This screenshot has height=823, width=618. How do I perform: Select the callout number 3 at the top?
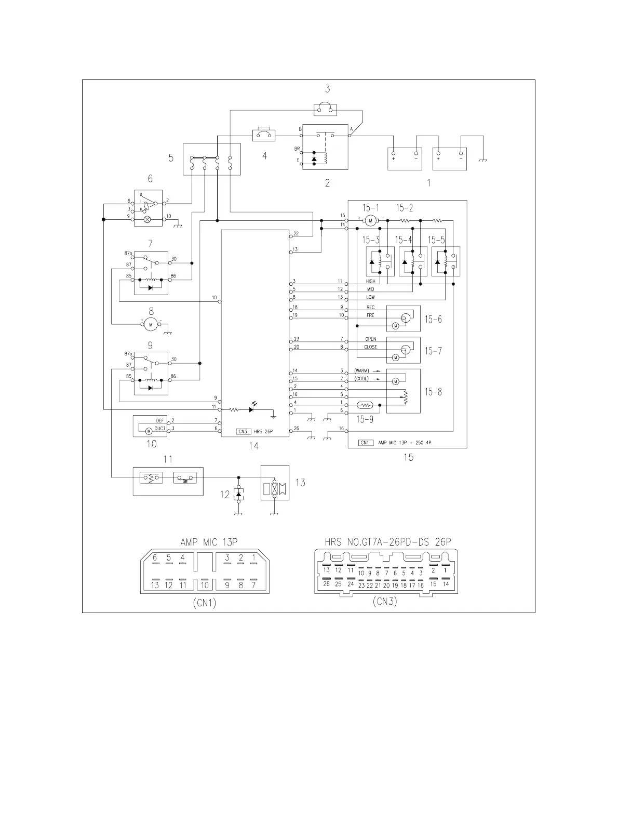(328, 88)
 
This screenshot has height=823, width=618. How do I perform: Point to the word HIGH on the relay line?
(370, 282)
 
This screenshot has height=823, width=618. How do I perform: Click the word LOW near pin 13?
(370, 297)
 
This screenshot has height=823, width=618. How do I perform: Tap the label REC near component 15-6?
(370, 307)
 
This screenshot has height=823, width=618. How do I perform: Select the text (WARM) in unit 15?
(361, 371)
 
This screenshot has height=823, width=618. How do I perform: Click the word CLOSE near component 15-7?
(370, 347)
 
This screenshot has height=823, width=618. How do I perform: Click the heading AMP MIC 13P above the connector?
(209, 542)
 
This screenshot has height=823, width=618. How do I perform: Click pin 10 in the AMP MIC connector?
(205, 585)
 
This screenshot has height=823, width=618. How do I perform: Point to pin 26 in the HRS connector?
(326, 583)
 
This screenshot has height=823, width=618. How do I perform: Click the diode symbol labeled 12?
(238, 495)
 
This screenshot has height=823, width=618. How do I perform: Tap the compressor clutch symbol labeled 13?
(275, 488)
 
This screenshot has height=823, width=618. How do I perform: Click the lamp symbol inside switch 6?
(147, 220)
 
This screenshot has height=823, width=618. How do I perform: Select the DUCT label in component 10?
(160, 429)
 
